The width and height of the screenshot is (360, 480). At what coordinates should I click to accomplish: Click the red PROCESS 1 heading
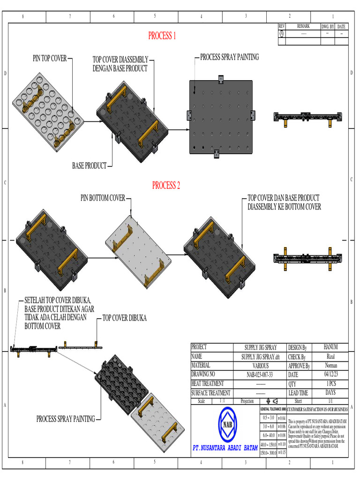[x=162, y=36]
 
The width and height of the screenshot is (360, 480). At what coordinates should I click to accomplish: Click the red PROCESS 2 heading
[x=166, y=186]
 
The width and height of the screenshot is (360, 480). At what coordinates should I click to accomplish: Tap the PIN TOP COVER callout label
[x=50, y=59]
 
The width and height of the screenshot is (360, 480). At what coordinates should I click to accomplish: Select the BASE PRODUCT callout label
[x=89, y=165]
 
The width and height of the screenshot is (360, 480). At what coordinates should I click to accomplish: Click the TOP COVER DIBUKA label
[x=125, y=318]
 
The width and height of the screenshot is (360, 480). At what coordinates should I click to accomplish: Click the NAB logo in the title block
[x=228, y=424]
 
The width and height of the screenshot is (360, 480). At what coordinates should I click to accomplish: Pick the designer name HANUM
[x=330, y=347]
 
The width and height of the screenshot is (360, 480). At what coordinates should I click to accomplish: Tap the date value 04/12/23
[x=330, y=375]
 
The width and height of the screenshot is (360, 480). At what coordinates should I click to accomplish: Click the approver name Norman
[x=330, y=366]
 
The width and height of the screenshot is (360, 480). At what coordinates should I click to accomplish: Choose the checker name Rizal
[x=330, y=357]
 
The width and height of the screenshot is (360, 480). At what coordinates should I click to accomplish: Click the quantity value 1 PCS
[x=330, y=384]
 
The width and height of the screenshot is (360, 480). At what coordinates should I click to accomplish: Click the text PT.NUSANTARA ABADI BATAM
[x=225, y=448]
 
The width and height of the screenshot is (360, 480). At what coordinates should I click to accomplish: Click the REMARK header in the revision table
[x=303, y=27]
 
